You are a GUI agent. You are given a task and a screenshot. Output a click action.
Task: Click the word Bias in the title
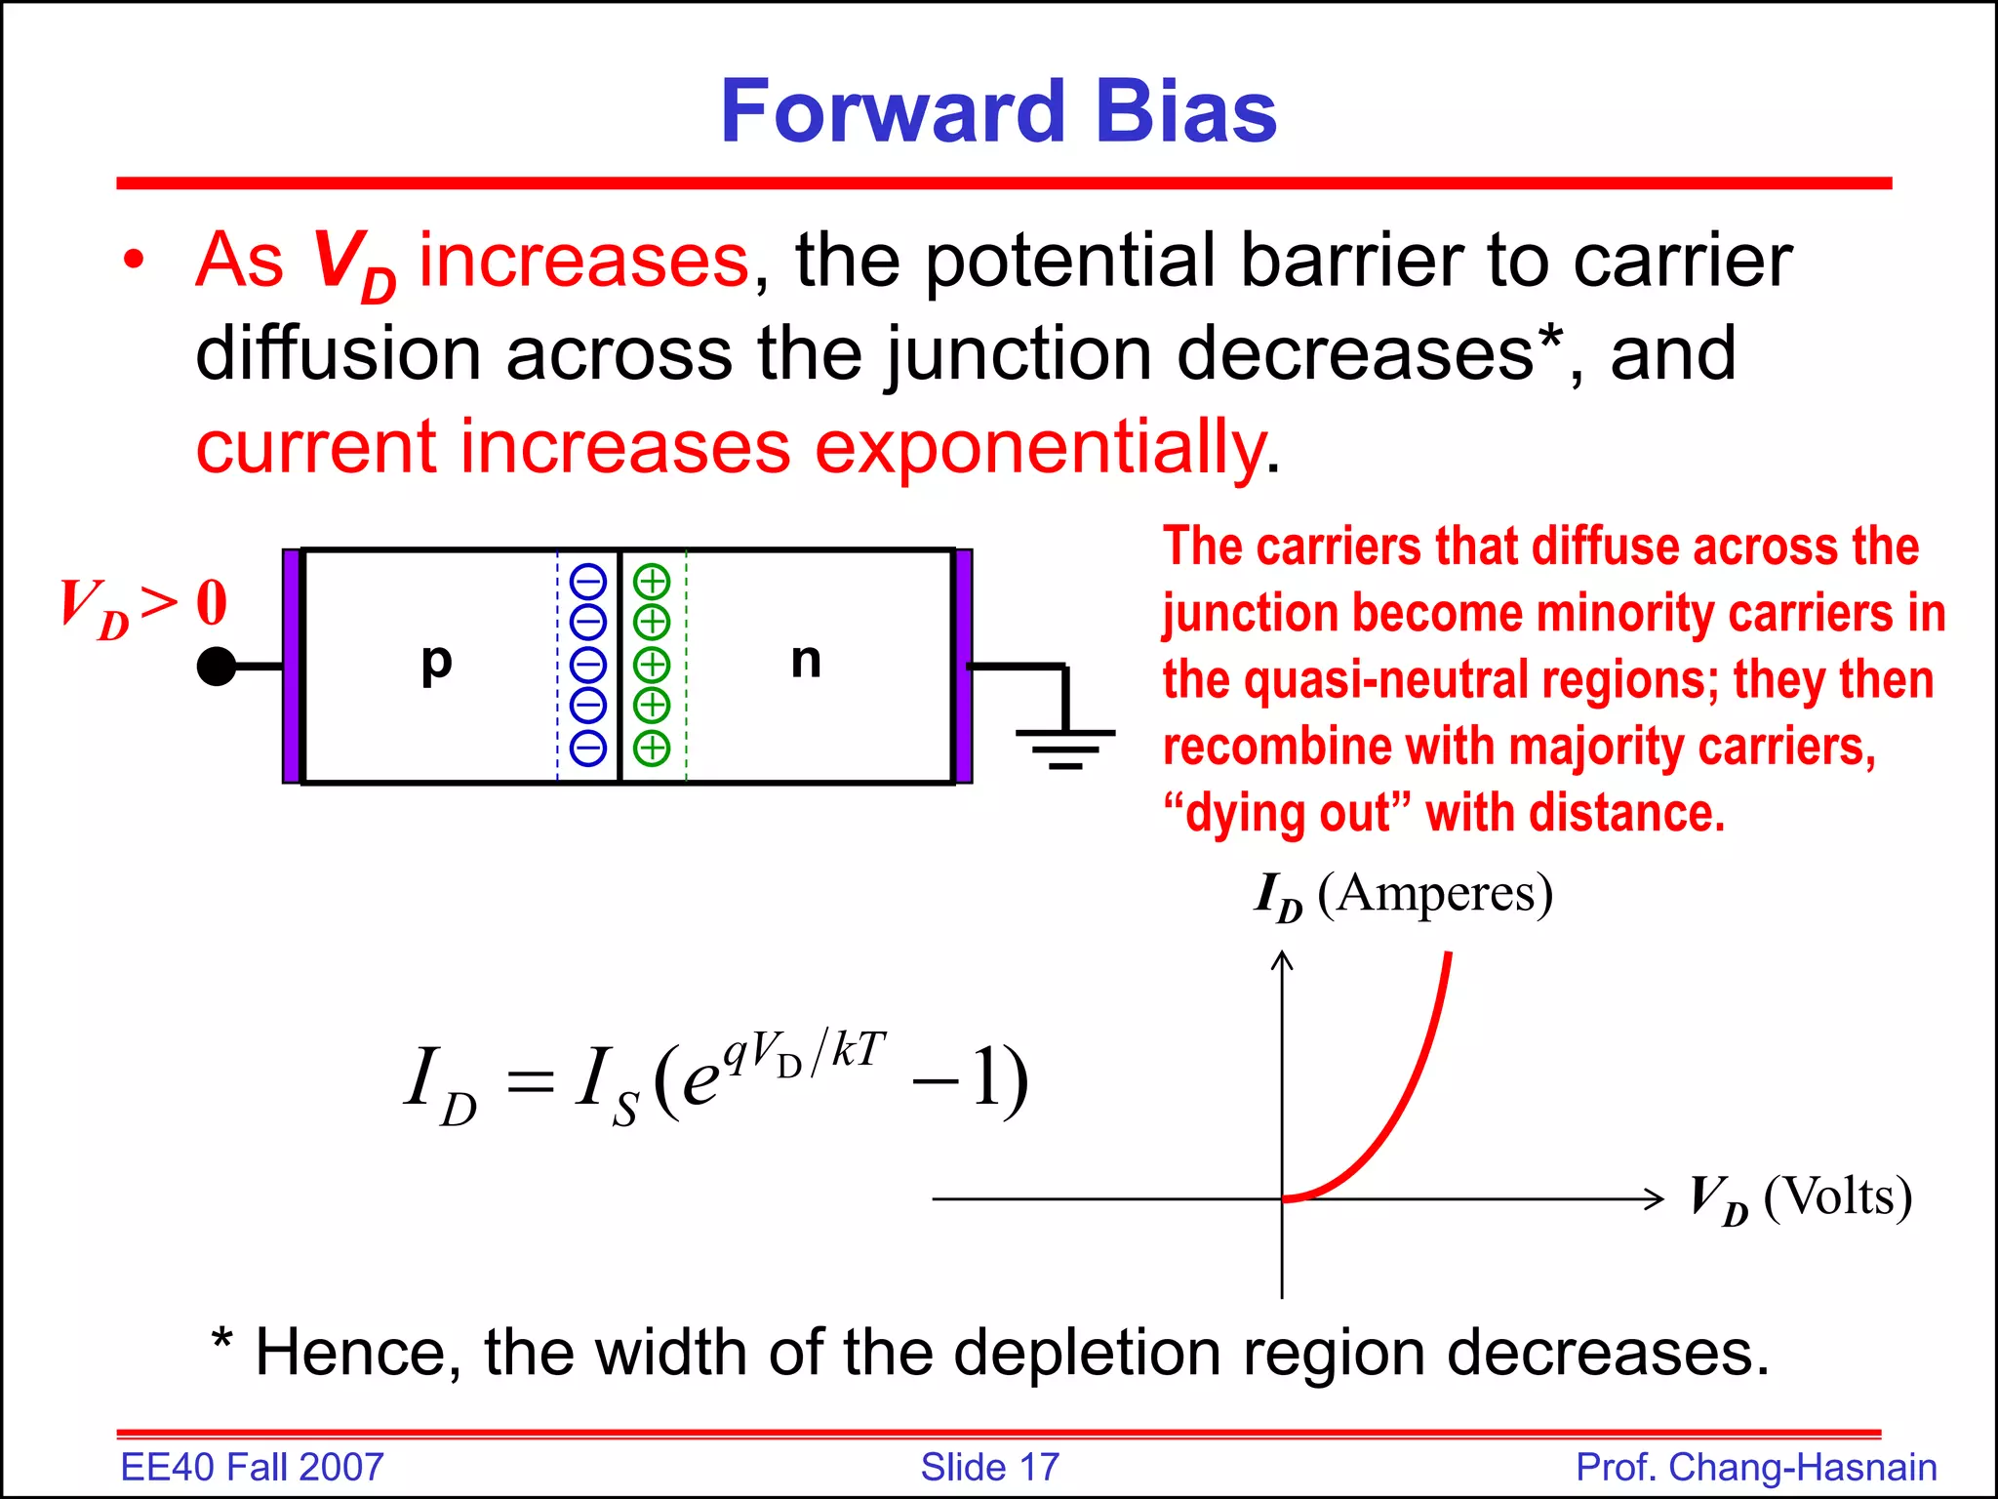(x=1185, y=112)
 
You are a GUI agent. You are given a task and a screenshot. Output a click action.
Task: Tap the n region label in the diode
(x=806, y=661)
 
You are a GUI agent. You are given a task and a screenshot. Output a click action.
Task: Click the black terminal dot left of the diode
(x=217, y=667)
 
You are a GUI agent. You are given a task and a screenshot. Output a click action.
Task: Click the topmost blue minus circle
(x=588, y=583)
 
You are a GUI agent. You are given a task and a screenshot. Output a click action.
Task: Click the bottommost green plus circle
(x=652, y=749)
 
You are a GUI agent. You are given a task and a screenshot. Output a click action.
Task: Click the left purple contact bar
(x=291, y=667)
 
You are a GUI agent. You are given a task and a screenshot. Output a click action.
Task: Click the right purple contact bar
(x=964, y=667)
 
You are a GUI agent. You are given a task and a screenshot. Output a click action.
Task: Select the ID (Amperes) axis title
(x=1403, y=894)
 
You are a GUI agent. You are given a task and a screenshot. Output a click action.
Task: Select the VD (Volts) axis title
(x=1800, y=1198)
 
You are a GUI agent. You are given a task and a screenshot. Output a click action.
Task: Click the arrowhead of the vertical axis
(x=1282, y=960)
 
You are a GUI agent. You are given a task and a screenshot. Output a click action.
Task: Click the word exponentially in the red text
(x=1039, y=447)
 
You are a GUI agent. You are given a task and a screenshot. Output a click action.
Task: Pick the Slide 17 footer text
(x=989, y=1467)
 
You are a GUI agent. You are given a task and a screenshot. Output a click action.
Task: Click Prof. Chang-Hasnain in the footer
(x=1756, y=1467)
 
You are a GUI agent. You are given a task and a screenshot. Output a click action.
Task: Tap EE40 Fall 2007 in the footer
(x=252, y=1467)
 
